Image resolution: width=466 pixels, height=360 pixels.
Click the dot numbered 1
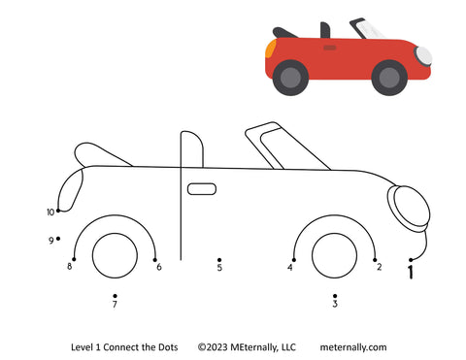point(411,260)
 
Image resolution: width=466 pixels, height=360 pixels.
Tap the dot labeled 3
point(335,296)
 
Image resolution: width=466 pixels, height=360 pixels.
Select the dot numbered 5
point(219,260)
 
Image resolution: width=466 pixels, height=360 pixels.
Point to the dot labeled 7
point(115,296)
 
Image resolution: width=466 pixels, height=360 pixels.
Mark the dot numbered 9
point(58,239)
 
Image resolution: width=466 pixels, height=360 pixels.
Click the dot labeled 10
point(58,211)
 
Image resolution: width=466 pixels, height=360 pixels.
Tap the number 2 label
point(379,267)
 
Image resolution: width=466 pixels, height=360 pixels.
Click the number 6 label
point(159,267)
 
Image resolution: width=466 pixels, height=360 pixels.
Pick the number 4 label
point(290,267)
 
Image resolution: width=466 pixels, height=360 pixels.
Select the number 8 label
point(69,266)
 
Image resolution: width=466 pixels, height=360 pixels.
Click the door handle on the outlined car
point(202,189)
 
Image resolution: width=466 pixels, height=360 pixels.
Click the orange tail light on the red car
point(270,49)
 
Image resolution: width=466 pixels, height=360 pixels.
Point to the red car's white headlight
point(424,55)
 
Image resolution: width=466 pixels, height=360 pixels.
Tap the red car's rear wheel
point(290,78)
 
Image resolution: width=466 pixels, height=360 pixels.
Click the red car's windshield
point(367,28)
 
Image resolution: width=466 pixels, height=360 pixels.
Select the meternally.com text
point(353,347)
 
